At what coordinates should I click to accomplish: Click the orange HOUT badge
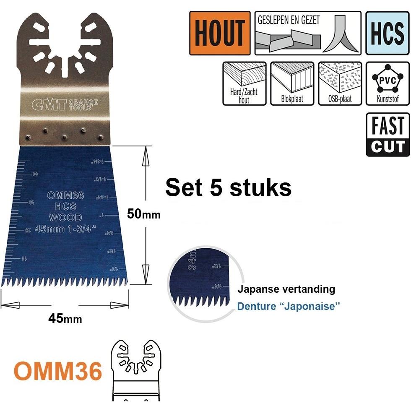coord(220,33)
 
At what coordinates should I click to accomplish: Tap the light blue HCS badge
coord(387,33)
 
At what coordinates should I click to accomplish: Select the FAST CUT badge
coord(388,135)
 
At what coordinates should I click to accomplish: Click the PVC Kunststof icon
coord(388,83)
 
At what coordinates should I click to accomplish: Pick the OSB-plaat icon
coord(340,83)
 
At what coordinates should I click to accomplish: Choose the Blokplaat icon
coord(292,83)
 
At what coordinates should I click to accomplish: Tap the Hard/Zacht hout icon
coord(244,83)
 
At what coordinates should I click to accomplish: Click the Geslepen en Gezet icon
coord(308,33)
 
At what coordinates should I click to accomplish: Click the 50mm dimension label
coord(144,214)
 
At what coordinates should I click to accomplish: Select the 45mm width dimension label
coord(65,319)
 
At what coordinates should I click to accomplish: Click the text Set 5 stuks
coord(228,187)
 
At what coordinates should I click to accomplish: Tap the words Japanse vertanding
coord(286,289)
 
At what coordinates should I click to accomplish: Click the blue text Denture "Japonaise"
coord(288,306)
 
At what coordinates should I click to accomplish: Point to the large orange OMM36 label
coord(58,371)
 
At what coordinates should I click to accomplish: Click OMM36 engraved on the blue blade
coord(65,195)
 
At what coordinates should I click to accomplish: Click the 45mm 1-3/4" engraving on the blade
coord(65,229)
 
